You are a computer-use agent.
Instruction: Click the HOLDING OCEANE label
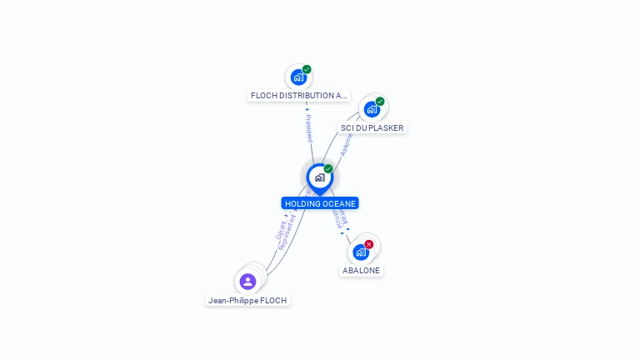tap(320, 203)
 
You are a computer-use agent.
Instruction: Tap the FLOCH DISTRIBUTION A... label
tap(299, 96)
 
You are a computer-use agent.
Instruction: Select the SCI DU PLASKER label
tap(372, 128)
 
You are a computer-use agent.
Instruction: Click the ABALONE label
tap(361, 271)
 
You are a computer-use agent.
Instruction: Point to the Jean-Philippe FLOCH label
tap(248, 300)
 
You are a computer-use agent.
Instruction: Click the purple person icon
tap(247, 282)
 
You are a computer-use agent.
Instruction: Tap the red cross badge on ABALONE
tap(369, 244)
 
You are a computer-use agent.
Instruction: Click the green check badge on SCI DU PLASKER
tap(380, 102)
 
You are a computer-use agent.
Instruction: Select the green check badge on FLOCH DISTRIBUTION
tap(307, 69)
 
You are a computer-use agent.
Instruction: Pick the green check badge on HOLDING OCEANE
tap(328, 168)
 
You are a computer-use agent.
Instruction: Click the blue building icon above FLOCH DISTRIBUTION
tap(298, 77)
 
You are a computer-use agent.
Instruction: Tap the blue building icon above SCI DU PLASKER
tap(372, 109)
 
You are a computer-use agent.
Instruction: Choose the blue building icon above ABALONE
tap(360, 252)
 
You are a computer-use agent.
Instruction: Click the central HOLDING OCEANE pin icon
tap(319, 177)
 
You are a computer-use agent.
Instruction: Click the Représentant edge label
tap(289, 232)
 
